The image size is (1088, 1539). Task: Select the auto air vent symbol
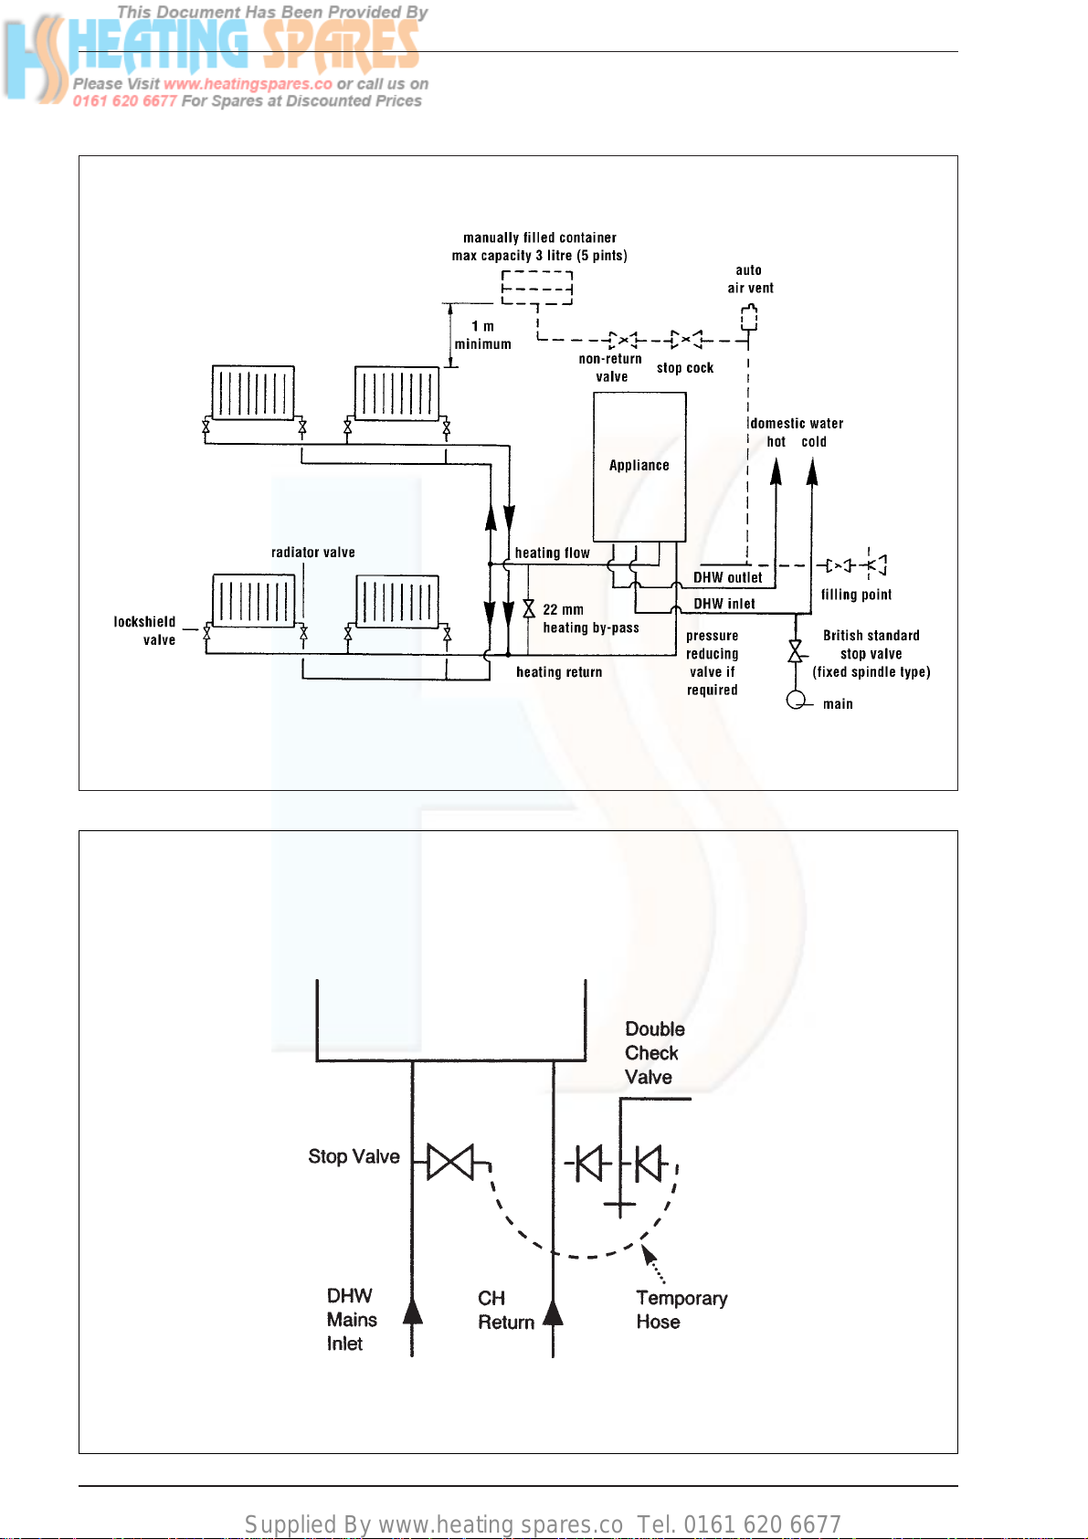748,318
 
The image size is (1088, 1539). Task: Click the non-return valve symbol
623,340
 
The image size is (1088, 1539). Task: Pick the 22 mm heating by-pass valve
529,608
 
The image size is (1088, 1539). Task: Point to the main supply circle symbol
796,701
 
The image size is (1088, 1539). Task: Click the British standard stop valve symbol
795,650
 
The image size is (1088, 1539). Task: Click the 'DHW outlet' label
727,578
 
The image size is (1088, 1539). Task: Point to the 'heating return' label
559,672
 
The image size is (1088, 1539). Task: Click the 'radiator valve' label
312,553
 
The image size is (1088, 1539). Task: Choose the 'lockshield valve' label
145,631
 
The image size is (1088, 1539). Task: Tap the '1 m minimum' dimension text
482,335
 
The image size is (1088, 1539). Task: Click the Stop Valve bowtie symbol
450,1162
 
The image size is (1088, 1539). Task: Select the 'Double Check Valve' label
654,1052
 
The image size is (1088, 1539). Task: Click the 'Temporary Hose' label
681,1310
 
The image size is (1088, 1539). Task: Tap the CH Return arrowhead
554,1312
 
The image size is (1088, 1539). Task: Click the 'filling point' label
856,595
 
